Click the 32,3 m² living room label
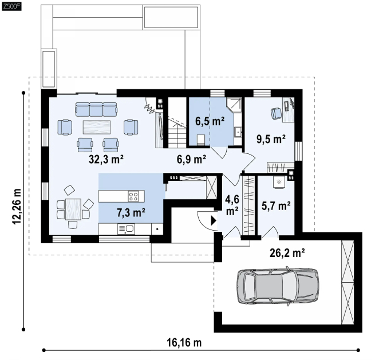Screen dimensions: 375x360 point(106,159)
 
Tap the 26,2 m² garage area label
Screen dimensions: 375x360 point(287,253)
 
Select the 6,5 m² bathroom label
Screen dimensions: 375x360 point(210,121)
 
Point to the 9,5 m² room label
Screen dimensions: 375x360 point(271,139)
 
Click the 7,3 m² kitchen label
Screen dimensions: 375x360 point(131,212)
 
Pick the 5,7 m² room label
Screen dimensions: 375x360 point(276,206)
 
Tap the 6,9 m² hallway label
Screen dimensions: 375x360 point(191,159)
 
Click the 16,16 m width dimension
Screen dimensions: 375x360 point(184,343)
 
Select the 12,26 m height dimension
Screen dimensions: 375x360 point(17,206)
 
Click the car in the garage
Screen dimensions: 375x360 point(278,286)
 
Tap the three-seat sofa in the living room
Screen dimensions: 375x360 point(96,109)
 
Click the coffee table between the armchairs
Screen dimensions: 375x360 point(97,127)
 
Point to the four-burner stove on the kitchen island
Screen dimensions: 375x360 point(133,196)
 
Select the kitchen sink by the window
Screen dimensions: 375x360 point(127,229)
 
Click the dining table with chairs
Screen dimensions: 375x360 point(73,209)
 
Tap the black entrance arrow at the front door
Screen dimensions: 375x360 point(214,221)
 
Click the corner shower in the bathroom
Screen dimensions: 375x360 point(234,105)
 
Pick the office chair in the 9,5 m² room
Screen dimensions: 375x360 point(276,113)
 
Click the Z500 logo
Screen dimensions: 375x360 point(11,6)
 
